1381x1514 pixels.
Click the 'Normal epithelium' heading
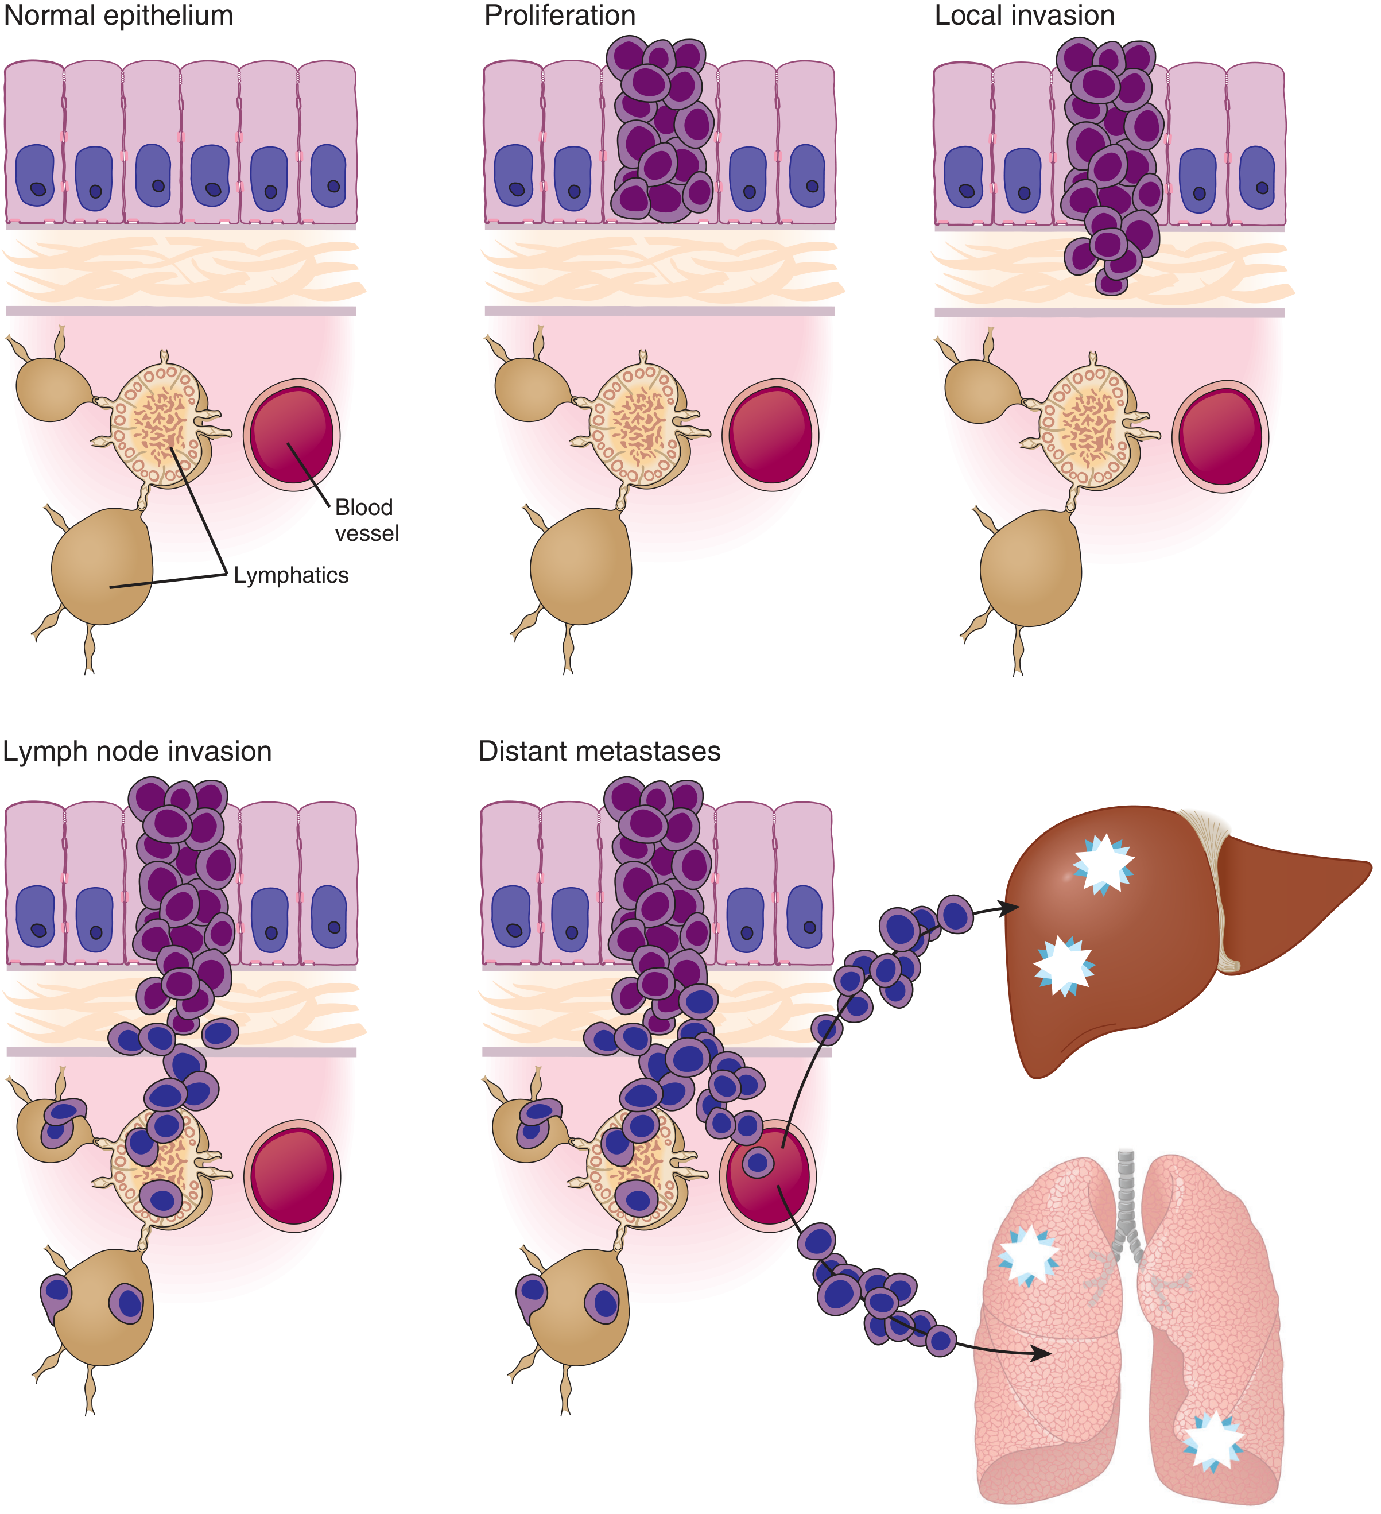[119, 16]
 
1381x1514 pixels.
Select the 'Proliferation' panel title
[560, 16]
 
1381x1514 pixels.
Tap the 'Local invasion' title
[1025, 16]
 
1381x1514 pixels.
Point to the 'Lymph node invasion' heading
[137, 752]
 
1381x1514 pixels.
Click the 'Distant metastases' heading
[600, 751]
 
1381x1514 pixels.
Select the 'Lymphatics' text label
[292, 575]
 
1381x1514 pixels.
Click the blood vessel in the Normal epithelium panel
[292, 435]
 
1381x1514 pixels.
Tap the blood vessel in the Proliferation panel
[770, 435]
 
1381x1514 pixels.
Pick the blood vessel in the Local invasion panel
[1220, 436]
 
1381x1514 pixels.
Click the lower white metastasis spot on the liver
[1064, 965]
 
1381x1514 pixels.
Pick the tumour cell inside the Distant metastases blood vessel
[758, 1163]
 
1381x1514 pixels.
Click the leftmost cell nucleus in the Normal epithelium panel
[35, 176]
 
